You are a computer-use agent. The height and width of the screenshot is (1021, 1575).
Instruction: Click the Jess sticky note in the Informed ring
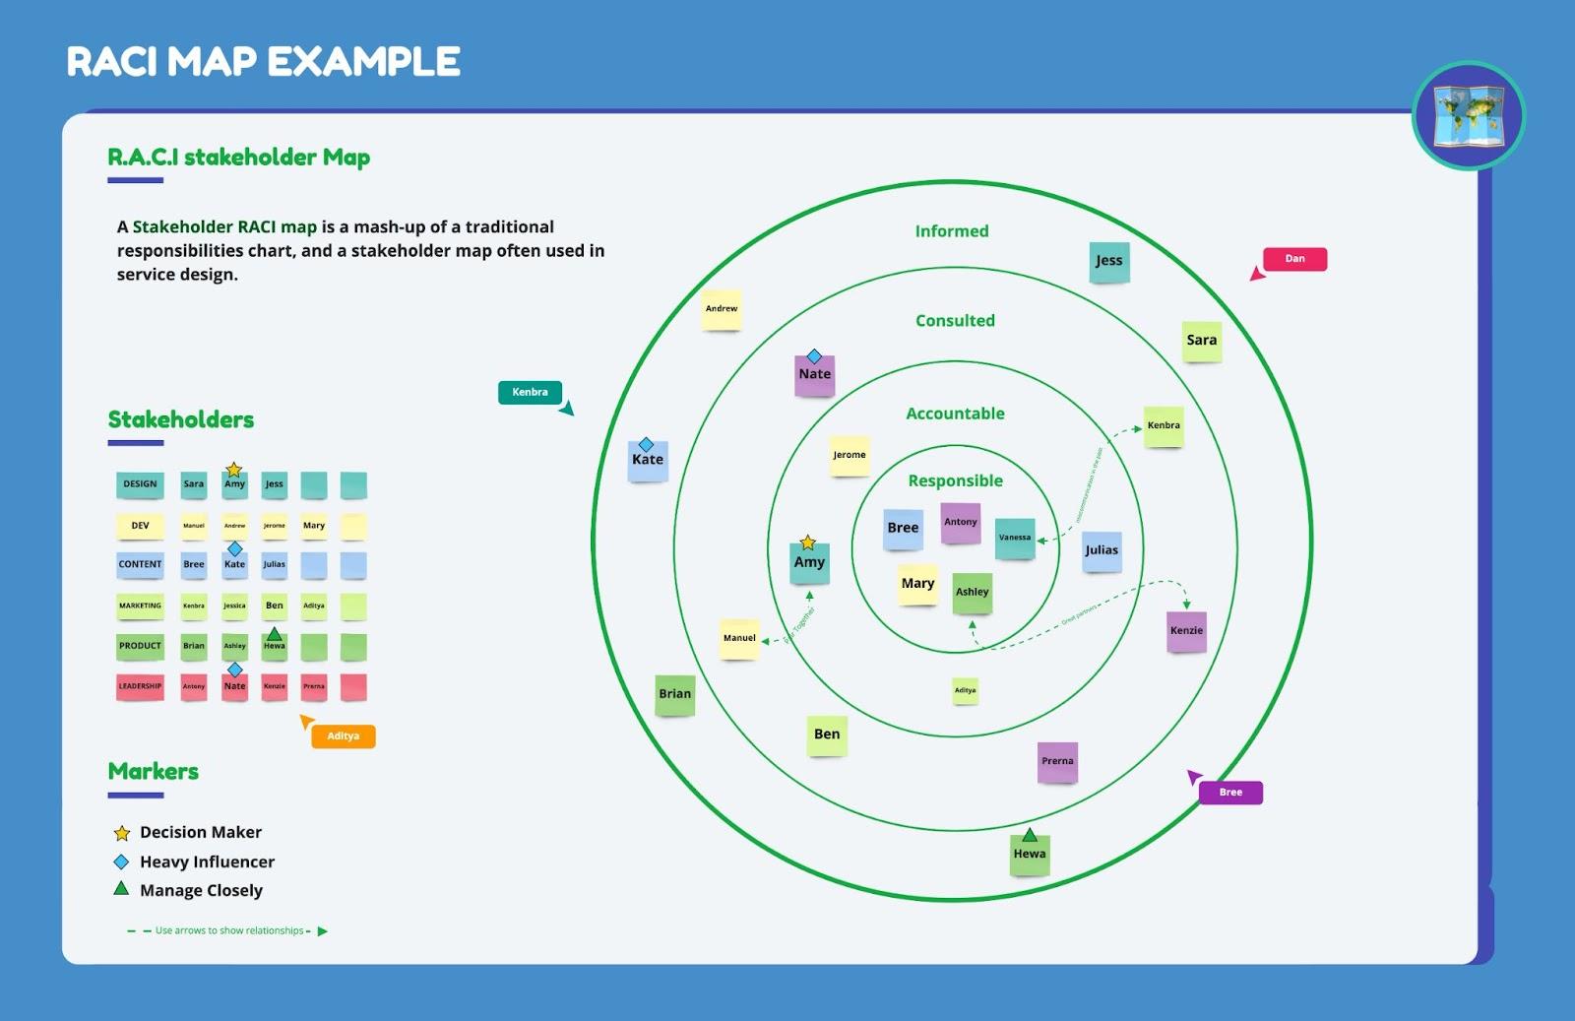click(x=1108, y=262)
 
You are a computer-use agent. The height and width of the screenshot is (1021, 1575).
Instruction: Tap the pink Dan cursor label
click(x=1294, y=259)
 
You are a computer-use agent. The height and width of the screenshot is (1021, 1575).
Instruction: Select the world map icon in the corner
click(x=1468, y=116)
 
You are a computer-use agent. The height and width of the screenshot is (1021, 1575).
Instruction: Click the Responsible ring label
click(x=955, y=480)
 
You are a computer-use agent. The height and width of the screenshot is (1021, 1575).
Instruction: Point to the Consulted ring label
click(x=955, y=321)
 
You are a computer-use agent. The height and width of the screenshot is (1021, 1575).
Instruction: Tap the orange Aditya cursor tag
click(x=343, y=736)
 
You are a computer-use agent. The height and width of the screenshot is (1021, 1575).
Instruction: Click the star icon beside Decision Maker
click(x=122, y=833)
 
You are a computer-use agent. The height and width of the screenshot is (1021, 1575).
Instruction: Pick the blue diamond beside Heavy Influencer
click(x=121, y=861)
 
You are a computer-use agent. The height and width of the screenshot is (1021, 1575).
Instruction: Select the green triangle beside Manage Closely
click(x=121, y=889)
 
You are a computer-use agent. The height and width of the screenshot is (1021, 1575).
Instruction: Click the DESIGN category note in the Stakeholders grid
click(x=140, y=484)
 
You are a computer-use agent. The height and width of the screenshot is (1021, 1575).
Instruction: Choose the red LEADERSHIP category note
click(x=140, y=686)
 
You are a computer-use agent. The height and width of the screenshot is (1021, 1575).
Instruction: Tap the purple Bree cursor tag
click(x=1230, y=793)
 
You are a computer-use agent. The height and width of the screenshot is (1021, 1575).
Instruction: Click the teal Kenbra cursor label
click(x=530, y=393)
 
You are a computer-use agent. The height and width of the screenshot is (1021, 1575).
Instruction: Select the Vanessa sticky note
click(x=1015, y=538)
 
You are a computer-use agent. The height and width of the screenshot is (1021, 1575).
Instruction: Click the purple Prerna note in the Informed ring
click(x=1057, y=762)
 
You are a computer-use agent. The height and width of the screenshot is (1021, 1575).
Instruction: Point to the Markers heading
click(x=154, y=772)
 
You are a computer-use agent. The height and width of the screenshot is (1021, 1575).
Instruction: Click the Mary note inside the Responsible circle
click(x=917, y=584)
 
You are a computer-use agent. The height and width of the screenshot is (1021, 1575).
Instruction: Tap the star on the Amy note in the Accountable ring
click(x=808, y=542)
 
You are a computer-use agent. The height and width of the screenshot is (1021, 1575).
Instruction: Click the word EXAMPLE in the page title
click(x=364, y=62)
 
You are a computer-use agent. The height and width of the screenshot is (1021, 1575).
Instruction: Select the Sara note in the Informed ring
click(x=1201, y=341)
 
